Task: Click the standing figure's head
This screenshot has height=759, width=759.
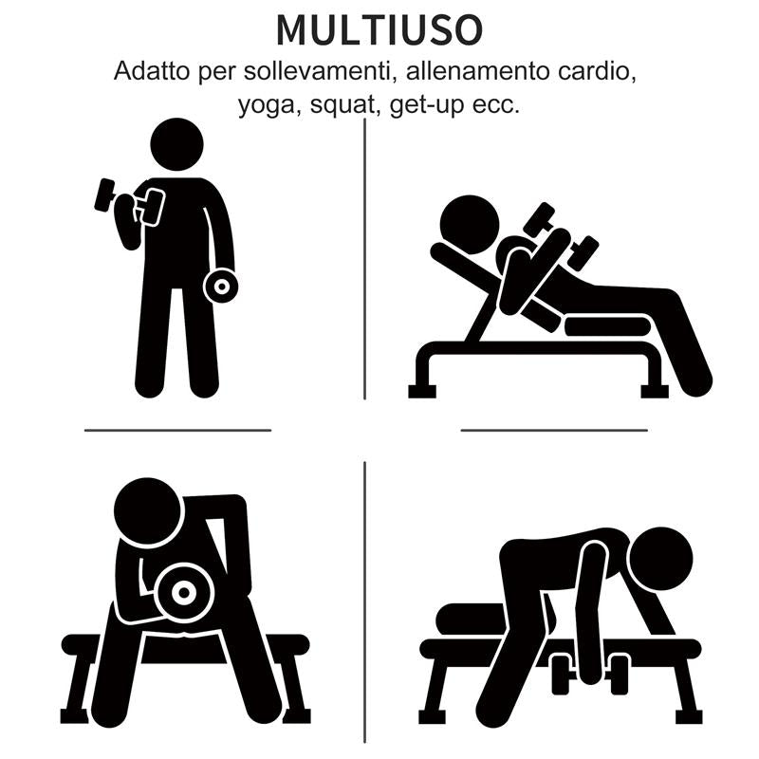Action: pos(177,145)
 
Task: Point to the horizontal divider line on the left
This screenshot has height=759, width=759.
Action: pos(177,430)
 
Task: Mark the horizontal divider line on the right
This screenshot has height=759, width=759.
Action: pos(554,430)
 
